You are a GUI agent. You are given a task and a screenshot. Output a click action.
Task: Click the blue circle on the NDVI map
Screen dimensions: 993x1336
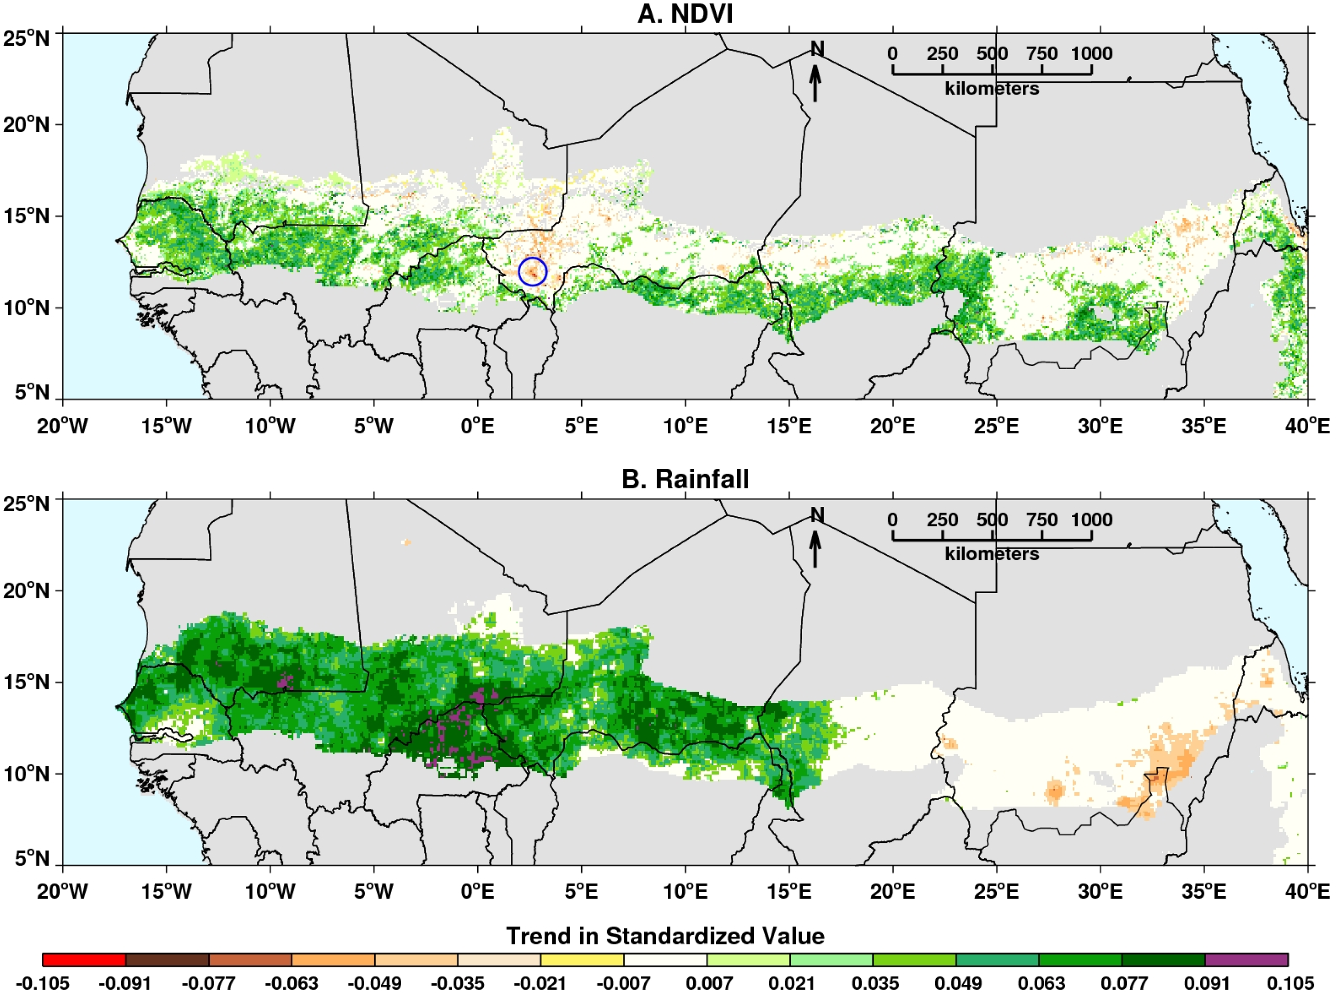coord(532,271)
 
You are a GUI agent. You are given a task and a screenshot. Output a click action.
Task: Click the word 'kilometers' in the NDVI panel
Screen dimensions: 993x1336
coord(992,89)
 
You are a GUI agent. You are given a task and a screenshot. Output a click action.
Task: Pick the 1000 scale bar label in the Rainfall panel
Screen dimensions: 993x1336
coord(1092,520)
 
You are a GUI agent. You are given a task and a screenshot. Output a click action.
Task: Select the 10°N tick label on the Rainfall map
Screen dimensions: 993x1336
coord(26,774)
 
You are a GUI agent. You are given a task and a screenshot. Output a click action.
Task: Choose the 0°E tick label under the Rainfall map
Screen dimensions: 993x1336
coord(478,891)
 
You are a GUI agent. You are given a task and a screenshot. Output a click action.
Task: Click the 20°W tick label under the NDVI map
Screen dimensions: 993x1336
coord(63,426)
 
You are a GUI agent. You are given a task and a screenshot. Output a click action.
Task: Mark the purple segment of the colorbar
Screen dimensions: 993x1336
coord(1246,959)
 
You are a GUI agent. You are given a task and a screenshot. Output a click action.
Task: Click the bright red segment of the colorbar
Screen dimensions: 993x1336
coord(84,959)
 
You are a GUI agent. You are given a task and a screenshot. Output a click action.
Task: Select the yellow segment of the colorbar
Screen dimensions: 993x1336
coord(582,959)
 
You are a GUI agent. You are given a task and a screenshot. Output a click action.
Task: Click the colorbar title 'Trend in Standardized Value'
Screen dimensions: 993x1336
coord(665,936)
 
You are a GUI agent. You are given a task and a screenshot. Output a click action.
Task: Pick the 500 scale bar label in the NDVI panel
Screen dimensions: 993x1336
coord(992,54)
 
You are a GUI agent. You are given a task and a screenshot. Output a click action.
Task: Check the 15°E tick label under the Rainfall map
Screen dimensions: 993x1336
coord(789,891)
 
